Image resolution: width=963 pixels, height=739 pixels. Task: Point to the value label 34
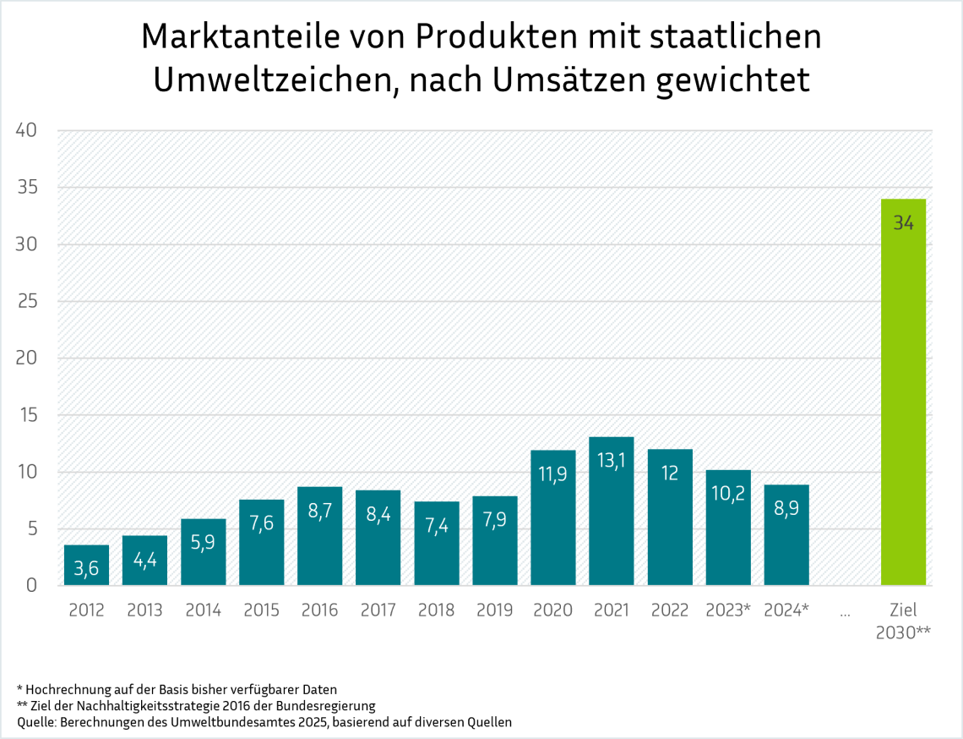[x=903, y=223]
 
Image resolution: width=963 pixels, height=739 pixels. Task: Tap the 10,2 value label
[x=728, y=493]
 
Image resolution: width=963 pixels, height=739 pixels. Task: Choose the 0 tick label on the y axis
[x=31, y=585]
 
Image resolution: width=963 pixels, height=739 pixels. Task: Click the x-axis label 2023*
[x=728, y=610]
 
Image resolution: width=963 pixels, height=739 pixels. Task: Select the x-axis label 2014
[x=203, y=610]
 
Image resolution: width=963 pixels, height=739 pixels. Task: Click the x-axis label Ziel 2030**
[x=903, y=621]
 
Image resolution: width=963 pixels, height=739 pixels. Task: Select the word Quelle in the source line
[x=36, y=722]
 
